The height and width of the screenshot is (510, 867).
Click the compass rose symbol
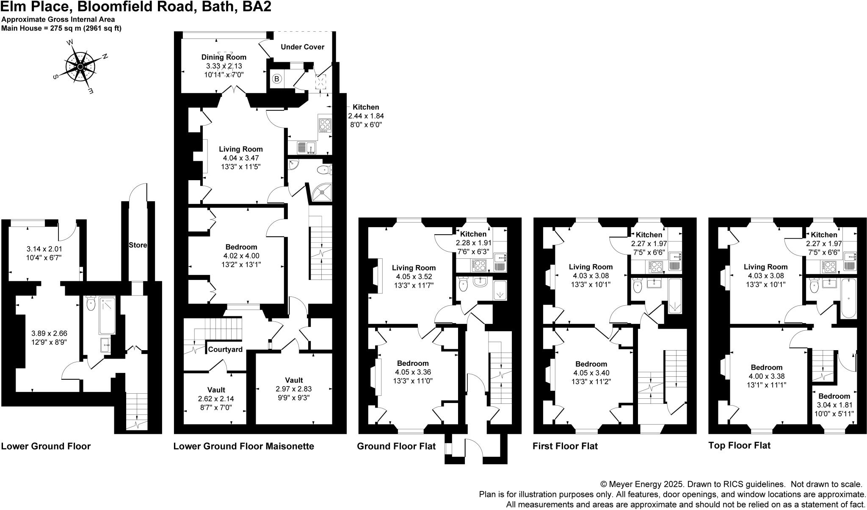80,66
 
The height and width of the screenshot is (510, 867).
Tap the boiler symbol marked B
277,79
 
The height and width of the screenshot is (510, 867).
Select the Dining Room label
224,57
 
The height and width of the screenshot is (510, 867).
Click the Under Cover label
302,47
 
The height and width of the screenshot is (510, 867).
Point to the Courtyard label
225,349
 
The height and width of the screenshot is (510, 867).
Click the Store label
138,245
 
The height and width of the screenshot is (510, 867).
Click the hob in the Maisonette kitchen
325,125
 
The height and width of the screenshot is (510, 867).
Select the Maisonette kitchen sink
307,148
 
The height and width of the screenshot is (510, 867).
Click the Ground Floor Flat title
396,446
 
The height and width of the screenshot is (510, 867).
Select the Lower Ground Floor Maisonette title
243,446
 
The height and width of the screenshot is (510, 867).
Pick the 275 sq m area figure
64,29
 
